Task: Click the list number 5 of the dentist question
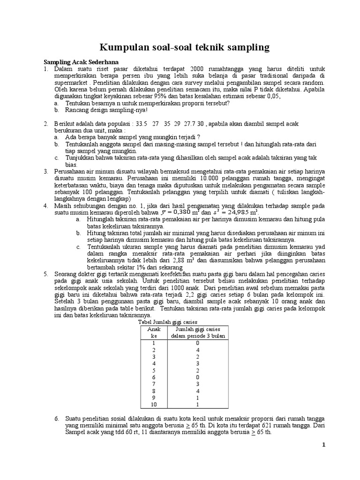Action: tap(46, 273)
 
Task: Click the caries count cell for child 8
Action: tap(197, 390)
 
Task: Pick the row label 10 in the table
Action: tap(153, 404)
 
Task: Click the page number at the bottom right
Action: tap(323, 458)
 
